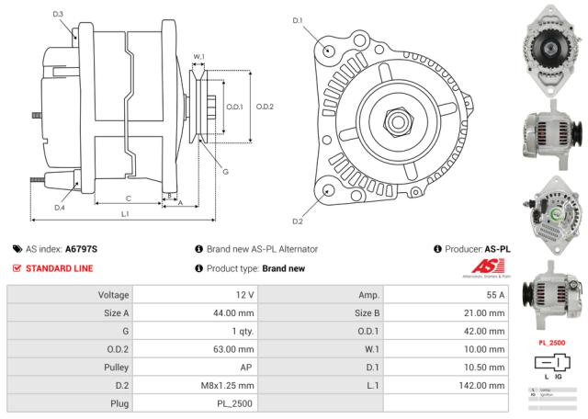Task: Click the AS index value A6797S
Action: pyautogui.click(x=82, y=249)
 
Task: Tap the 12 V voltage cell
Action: pyautogui.click(x=244, y=295)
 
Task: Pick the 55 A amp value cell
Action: pyautogui.click(x=495, y=295)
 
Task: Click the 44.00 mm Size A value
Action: pyautogui.click(x=233, y=312)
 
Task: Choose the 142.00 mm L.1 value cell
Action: pyautogui.click(x=482, y=384)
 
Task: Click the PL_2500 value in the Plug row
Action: pyautogui.click(x=235, y=402)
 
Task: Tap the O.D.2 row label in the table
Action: pyautogui.click(x=111, y=348)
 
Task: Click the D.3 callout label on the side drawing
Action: pyautogui.click(x=59, y=14)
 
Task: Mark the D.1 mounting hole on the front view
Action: pyautogui.click(x=330, y=51)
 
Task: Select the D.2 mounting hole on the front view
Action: pyautogui.click(x=330, y=190)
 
